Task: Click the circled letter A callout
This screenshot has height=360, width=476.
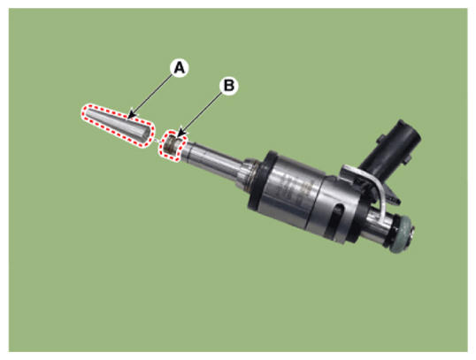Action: [180, 68]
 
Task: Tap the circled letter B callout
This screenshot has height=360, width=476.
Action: [229, 86]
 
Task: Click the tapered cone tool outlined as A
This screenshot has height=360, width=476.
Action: [118, 126]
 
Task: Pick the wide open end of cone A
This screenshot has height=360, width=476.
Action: [146, 134]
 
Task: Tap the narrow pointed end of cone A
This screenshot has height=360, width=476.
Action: [86, 113]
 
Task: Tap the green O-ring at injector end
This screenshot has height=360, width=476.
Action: [401, 234]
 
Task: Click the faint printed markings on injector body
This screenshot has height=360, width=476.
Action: [291, 189]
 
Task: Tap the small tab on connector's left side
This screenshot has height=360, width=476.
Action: [380, 140]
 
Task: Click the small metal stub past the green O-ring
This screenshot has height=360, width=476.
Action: [411, 233]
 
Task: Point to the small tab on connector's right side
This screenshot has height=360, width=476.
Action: [407, 160]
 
